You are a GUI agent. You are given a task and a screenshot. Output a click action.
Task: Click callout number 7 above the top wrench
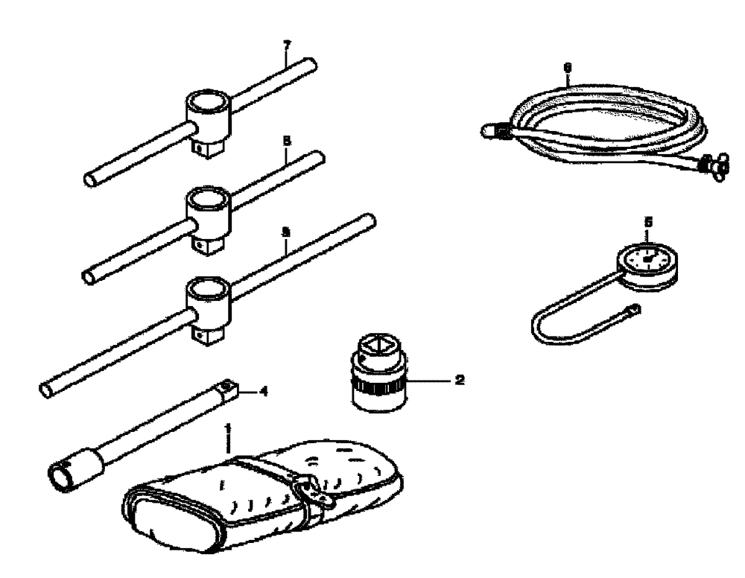pyautogui.click(x=286, y=45)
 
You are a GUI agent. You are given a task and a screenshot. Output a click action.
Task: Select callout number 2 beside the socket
pyautogui.click(x=459, y=380)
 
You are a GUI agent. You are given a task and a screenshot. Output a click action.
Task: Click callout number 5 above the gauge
pyautogui.click(x=648, y=221)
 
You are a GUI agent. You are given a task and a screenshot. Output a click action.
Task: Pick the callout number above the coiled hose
pyautogui.click(x=568, y=66)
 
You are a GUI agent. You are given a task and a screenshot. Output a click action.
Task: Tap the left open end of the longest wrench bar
pyautogui.click(x=46, y=388)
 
